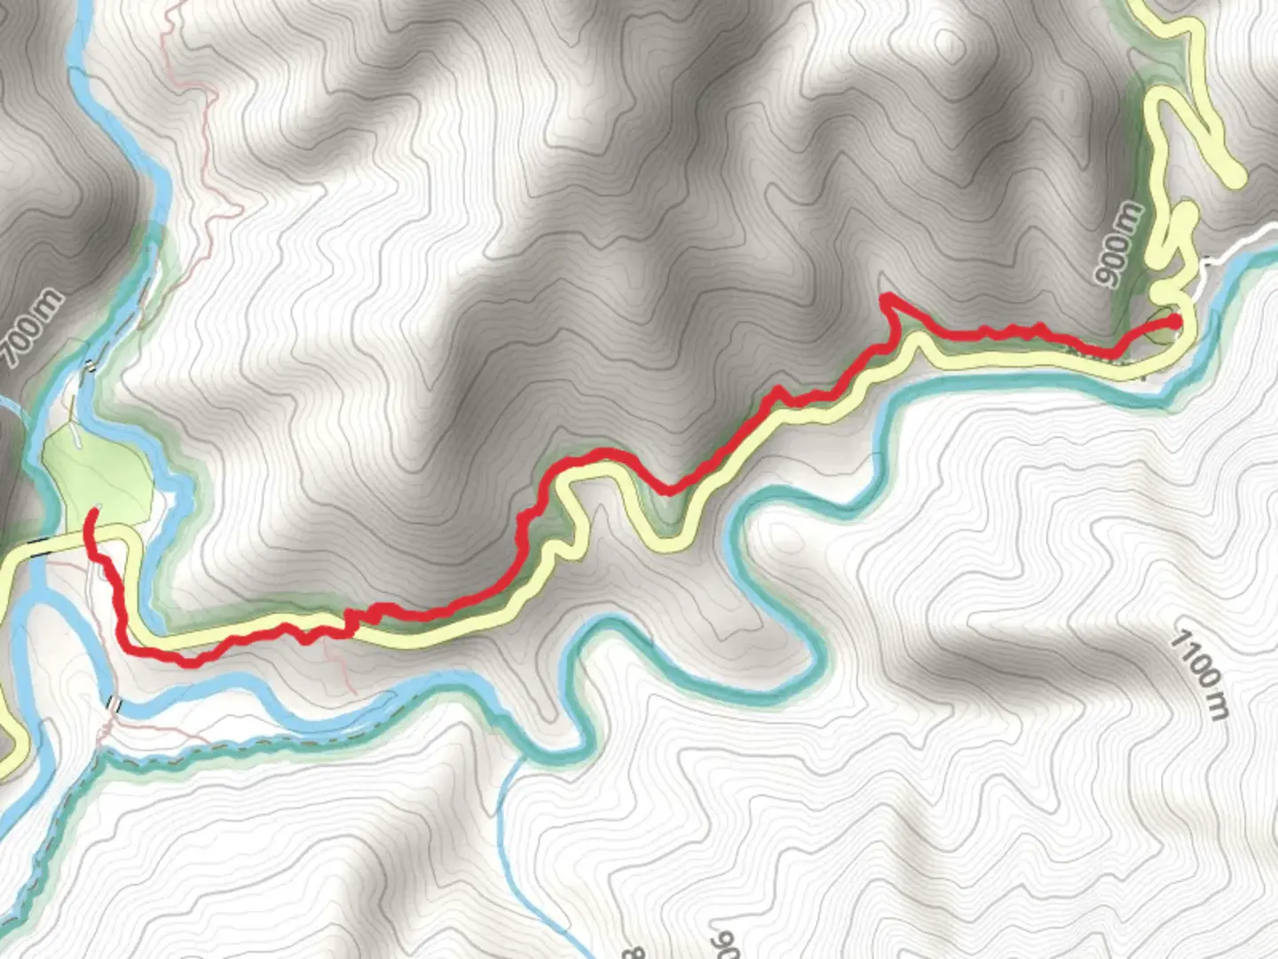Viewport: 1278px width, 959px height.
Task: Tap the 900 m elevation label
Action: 1120,243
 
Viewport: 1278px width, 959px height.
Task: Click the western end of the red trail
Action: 91,513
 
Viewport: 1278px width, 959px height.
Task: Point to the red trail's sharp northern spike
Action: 885,298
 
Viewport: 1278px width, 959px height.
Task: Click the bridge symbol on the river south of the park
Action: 114,704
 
